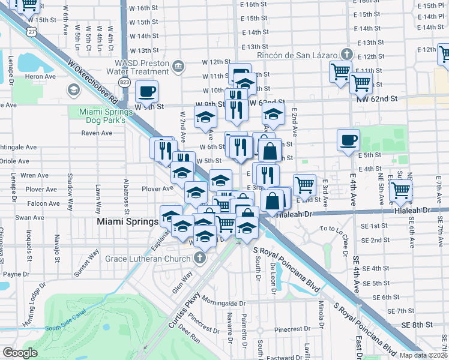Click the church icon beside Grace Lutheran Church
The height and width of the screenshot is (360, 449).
(199, 259)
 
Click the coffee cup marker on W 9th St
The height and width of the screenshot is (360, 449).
(146, 92)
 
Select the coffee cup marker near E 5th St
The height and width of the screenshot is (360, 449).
(348, 141)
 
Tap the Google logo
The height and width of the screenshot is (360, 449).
(20, 353)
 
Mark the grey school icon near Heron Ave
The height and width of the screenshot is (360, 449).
(74, 91)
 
